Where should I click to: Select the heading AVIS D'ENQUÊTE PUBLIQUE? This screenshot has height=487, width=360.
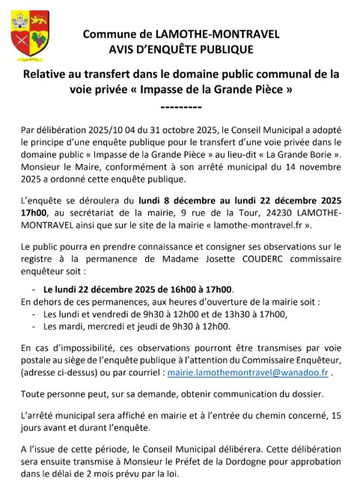coord(180,50)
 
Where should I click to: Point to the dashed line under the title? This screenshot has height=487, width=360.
coord(180,107)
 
